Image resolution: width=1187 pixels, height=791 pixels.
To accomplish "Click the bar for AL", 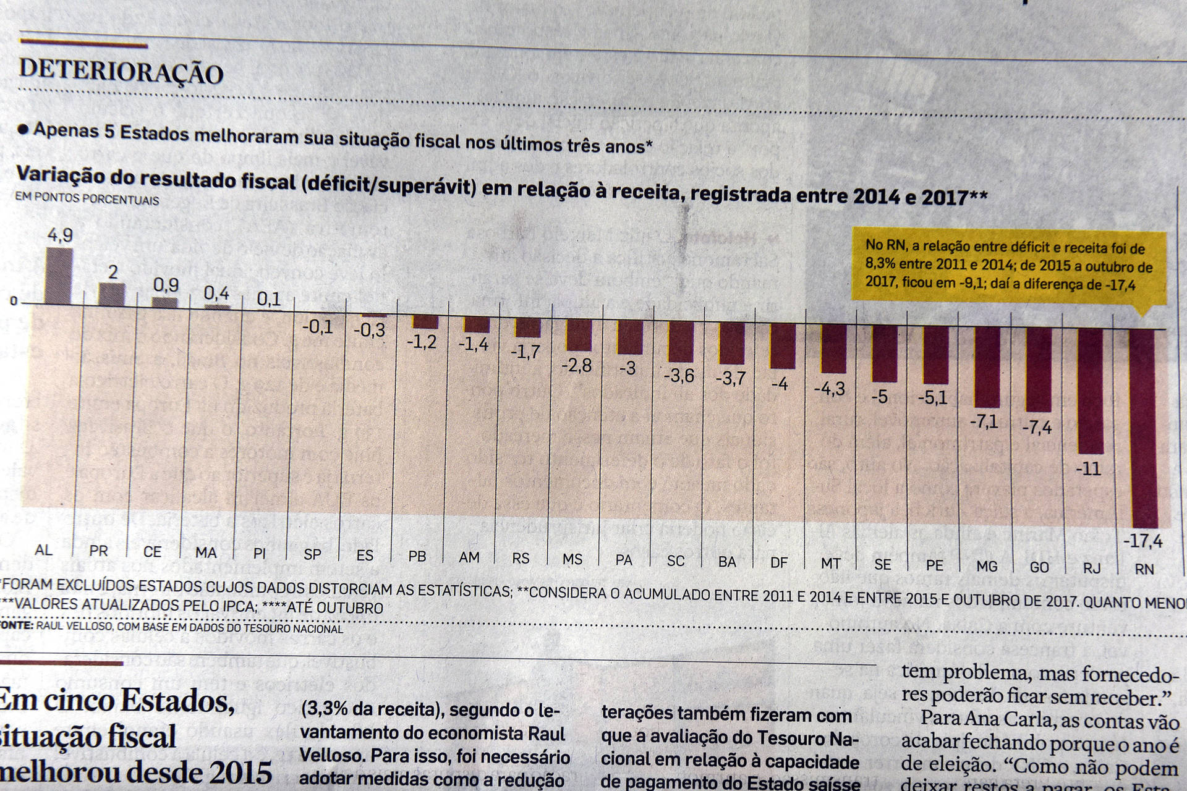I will point(60,276).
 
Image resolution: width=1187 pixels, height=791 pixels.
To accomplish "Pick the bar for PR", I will point(112,294).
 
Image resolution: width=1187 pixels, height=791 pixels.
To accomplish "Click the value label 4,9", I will point(60,235).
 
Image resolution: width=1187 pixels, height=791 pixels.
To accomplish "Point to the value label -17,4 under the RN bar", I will point(1143,542).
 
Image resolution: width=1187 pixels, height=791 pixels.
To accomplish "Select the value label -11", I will point(1088,469).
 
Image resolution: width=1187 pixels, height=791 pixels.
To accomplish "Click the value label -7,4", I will point(1037,426).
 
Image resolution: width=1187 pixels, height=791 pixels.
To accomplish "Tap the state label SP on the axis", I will point(312,554).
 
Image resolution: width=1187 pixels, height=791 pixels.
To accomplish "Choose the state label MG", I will point(987,565).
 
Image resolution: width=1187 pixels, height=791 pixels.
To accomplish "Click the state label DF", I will point(779,562).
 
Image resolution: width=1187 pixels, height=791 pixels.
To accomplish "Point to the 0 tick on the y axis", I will point(14,302).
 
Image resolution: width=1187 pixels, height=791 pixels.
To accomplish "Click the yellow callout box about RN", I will point(1009,266).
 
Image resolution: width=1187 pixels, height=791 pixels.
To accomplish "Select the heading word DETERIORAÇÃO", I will point(121,72).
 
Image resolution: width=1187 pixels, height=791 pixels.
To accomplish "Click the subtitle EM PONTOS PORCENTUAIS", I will point(87,200).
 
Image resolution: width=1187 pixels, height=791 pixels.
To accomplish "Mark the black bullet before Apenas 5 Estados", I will point(23,129).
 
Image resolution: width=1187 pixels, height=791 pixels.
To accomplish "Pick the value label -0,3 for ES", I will point(369,331).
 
